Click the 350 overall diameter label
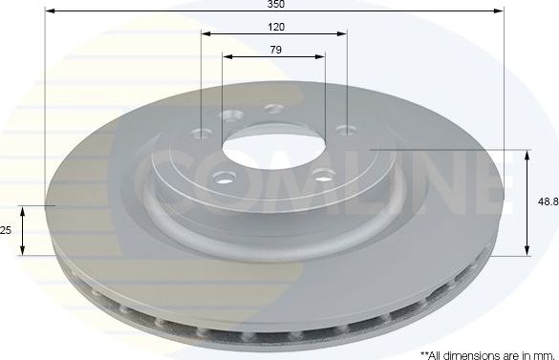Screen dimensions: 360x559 click(x=274, y=5)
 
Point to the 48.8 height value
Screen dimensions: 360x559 click(x=547, y=202)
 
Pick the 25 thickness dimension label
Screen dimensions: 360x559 click(x=6, y=230)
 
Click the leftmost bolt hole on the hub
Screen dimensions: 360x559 click(x=199, y=133)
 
